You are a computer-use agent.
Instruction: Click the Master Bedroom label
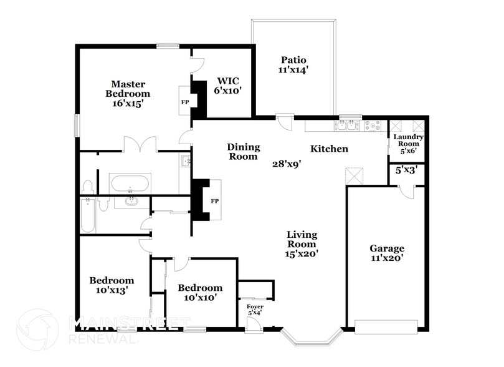coord(128,94)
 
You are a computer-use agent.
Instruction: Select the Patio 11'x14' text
coord(293,65)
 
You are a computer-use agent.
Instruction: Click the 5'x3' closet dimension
coord(406,169)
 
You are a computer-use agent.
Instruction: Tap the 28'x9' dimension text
coord(287,164)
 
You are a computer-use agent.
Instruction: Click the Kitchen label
coord(329,149)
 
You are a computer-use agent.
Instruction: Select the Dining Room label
coord(242,152)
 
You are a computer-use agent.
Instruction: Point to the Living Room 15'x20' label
coord(302,244)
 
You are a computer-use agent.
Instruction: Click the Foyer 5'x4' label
coord(254,309)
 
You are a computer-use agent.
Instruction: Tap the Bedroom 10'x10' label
coord(200,292)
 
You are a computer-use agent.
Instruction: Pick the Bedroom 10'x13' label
coord(112,285)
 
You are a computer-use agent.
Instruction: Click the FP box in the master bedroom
coord(185,101)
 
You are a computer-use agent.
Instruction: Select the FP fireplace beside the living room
coord(214,201)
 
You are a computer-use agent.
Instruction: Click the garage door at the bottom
coord(386,326)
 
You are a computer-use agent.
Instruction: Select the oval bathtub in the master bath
coord(130,184)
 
